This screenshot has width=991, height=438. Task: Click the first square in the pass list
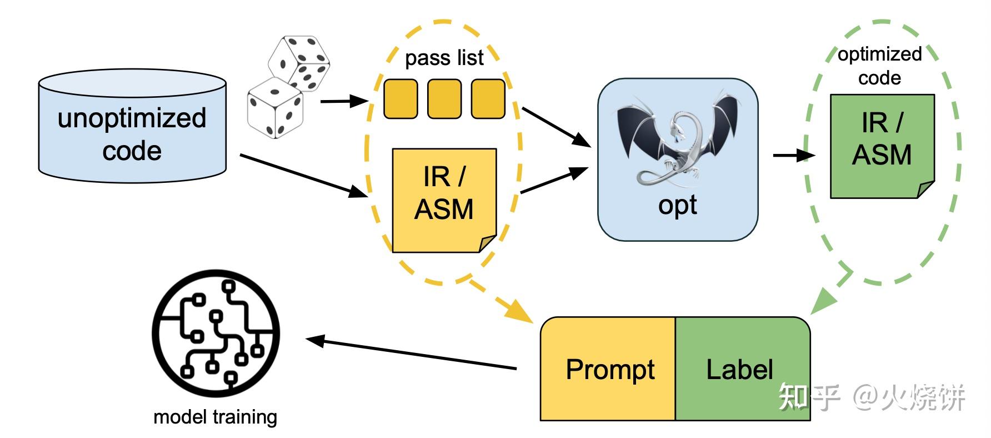[401, 99]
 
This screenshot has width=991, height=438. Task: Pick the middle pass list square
[444, 99]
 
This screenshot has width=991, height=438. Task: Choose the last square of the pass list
[488, 99]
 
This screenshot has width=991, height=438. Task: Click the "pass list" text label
[444, 58]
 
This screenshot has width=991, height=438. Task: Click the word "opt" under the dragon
[678, 206]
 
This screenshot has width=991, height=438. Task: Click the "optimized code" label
[880, 66]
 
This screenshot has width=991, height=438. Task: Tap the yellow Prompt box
[609, 369]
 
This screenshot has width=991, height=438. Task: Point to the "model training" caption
[215, 417]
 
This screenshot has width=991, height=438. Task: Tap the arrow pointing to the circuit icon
[411, 354]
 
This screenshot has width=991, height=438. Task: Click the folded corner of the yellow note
[487, 243]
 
